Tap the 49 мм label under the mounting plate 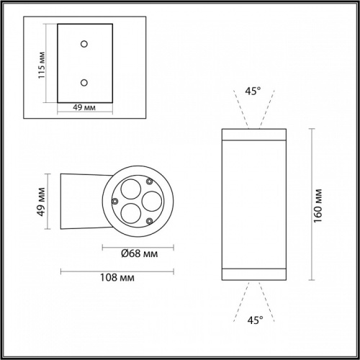coord(85,108)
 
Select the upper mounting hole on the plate coord(84,44)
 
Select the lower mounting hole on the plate coord(84,82)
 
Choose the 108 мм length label coord(115,277)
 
